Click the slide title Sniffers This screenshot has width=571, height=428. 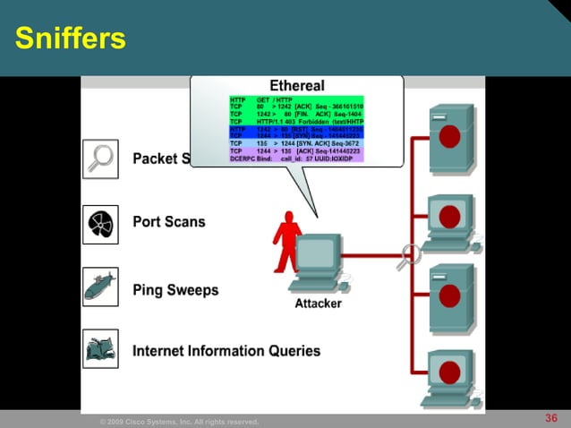71,39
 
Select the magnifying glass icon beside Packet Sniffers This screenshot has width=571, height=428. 100,158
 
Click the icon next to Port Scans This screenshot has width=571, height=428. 100,223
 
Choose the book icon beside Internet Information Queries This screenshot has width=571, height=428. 100,349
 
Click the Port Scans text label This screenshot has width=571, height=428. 168,221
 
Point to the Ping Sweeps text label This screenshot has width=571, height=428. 175,290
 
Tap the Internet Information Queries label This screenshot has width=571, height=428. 226,350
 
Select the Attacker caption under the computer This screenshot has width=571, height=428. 318,304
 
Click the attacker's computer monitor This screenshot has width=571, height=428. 318,253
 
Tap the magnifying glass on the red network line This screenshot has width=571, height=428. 408,254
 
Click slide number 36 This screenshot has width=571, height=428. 551,418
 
